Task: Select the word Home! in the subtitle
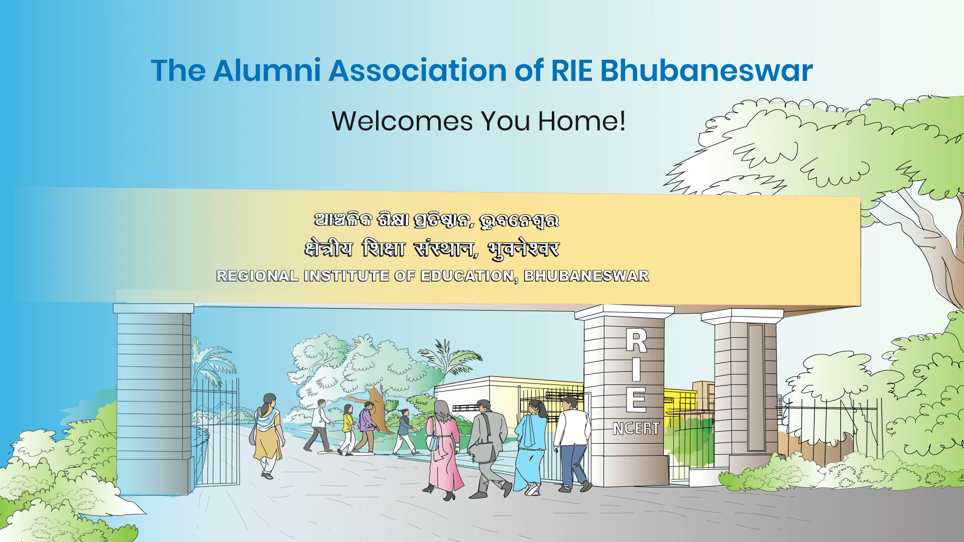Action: pos(582,121)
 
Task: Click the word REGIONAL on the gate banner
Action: pos(258,276)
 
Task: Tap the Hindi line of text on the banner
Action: pos(432,249)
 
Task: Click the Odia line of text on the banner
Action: pos(436,220)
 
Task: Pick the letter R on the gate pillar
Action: pos(636,341)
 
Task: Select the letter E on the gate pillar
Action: pos(636,399)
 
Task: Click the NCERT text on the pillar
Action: pos(636,429)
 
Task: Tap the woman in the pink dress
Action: pos(443,450)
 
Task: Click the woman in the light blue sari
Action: pos(531,447)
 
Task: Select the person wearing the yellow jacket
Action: pos(348,430)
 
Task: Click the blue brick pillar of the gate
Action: pos(154,399)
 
